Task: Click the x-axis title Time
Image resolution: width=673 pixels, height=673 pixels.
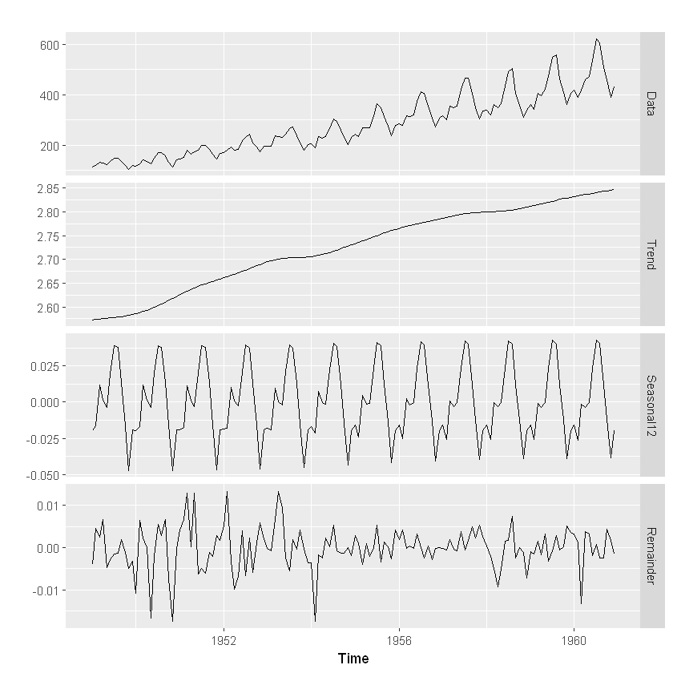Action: tap(353, 659)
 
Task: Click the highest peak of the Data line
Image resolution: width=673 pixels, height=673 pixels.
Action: tap(596, 38)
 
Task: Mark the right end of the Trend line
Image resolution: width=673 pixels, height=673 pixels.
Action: tap(614, 190)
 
